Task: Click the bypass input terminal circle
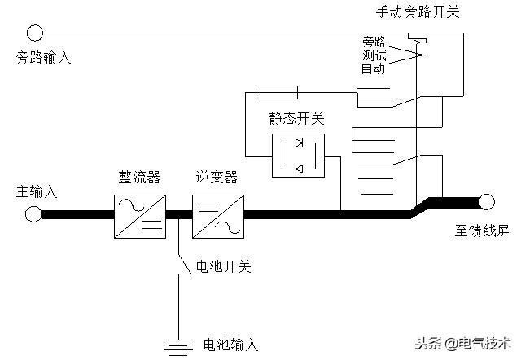point(34,33)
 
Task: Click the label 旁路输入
point(43,59)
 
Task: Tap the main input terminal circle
point(33,214)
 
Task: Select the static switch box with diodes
point(298,156)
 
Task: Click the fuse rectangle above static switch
point(277,91)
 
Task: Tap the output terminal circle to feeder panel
point(487,201)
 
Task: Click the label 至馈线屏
point(481,230)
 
